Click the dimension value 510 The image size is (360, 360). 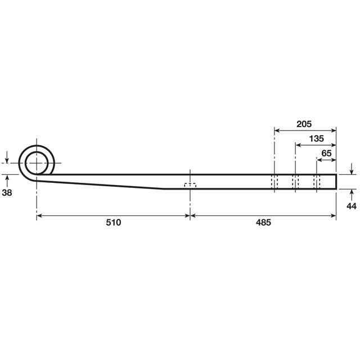pyautogui.click(x=113, y=222)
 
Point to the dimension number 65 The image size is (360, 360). pyautogui.click(x=326, y=152)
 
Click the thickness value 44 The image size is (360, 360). pyautogui.click(x=351, y=207)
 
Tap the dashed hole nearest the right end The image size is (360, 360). pyautogui.click(x=316, y=181)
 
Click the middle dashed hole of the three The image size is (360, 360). pyautogui.click(x=295, y=181)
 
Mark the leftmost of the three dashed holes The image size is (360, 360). pyautogui.click(x=274, y=181)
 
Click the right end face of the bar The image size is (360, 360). pyautogui.click(x=336, y=181)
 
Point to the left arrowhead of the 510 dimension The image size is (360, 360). pyautogui.click(x=40, y=215)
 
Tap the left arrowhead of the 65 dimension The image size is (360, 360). pyautogui.click(x=319, y=160)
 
